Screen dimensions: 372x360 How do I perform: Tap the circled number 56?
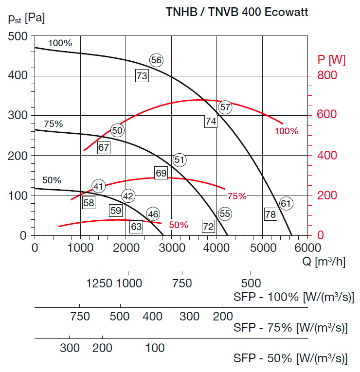point(156,60)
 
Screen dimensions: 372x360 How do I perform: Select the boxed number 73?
point(142,76)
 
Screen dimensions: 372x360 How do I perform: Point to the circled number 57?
point(225,107)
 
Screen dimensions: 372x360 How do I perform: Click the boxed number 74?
point(211,122)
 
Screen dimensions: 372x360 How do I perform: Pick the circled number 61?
point(286,203)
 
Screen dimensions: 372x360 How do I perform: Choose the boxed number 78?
point(270,213)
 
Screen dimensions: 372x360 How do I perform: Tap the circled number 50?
point(117,130)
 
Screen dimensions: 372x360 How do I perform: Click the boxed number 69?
point(161,173)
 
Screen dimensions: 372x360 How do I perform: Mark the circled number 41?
point(99,186)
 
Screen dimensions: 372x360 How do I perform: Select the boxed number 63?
point(136,226)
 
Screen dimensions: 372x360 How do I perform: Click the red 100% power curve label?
point(287,131)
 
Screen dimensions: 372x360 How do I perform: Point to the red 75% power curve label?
point(237,196)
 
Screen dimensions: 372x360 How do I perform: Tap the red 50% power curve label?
point(179,225)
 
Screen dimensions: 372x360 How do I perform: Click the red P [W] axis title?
point(331,60)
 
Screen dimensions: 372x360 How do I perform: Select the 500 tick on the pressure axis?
point(18,36)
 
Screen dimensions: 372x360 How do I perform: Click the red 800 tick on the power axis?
point(327,76)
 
